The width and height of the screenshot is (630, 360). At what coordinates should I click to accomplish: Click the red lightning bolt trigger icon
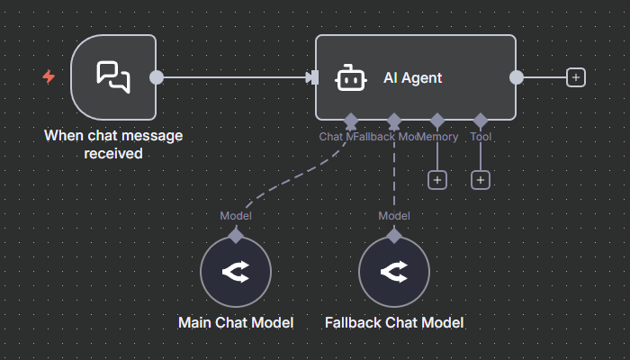point(49,77)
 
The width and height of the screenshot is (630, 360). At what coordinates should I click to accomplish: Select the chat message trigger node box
point(113,76)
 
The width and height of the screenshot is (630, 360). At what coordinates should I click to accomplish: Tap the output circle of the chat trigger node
point(157,77)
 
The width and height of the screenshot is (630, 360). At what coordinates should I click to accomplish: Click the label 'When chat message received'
point(113,144)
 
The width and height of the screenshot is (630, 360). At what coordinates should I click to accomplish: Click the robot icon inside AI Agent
point(349,78)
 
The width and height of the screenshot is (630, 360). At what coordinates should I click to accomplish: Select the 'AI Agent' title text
point(412,78)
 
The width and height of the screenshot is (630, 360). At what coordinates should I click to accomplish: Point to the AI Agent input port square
point(312,77)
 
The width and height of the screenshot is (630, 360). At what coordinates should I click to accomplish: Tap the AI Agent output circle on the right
point(517,77)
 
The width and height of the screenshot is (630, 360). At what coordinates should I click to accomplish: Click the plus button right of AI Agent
point(576,77)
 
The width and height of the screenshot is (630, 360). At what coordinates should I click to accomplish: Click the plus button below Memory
point(437,180)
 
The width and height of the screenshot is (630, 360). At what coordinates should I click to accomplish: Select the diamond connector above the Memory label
point(437,120)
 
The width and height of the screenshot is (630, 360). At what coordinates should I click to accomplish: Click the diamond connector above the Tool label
point(481,120)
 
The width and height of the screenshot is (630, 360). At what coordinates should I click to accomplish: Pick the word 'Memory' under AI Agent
point(437,137)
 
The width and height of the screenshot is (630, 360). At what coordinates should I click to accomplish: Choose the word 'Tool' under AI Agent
point(481,137)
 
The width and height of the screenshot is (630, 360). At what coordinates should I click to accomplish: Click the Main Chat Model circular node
point(236,272)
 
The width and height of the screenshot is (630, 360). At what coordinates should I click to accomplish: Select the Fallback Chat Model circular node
point(394,272)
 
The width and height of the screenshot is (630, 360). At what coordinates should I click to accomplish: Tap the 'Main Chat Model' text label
point(236,322)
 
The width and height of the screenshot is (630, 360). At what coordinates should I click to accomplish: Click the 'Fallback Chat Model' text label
point(394,322)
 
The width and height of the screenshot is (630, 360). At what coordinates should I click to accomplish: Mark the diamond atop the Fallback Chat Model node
point(394,236)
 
